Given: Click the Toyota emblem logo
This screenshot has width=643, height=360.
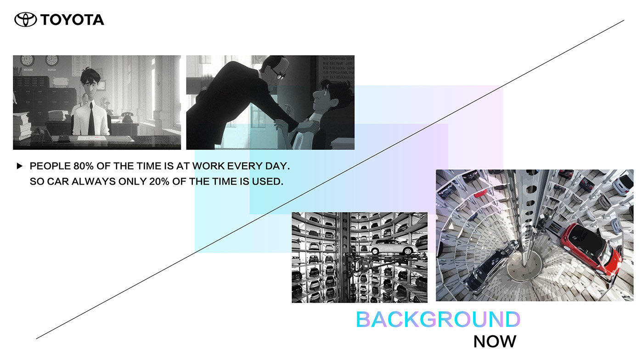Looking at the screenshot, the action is [x=26, y=20].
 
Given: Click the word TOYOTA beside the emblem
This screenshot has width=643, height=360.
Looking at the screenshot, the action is [x=72, y=20].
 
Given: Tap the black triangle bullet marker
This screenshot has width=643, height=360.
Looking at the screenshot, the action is [x=19, y=166].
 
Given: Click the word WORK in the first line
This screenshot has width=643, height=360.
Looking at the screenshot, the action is [x=208, y=166].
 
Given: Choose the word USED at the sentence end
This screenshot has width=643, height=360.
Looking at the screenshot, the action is [x=267, y=181].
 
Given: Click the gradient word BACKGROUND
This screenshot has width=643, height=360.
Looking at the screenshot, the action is [x=438, y=319].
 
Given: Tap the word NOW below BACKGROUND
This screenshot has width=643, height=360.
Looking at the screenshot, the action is [x=495, y=341].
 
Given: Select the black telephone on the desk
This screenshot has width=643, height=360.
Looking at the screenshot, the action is [x=127, y=117].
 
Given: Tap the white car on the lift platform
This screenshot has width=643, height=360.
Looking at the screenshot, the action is [x=392, y=247].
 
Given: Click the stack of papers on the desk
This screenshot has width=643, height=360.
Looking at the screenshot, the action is [x=23, y=126].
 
